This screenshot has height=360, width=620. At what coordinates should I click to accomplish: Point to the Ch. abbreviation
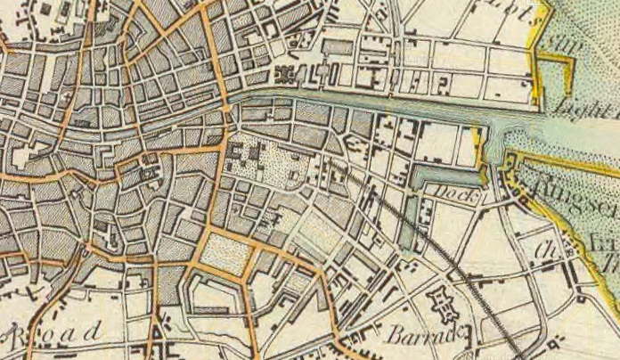click(x=544, y=250)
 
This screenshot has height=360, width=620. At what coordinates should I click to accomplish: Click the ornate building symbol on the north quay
click(x=288, y=76)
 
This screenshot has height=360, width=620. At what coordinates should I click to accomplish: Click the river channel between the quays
click(x=374, y=102)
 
